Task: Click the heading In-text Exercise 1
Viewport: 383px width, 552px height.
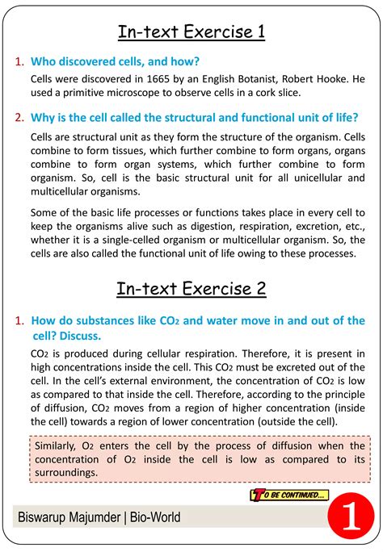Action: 191,32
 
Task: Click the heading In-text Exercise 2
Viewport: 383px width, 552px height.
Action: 191,288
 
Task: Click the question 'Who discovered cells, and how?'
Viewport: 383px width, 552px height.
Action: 115,61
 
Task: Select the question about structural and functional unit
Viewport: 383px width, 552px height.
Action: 194,117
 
